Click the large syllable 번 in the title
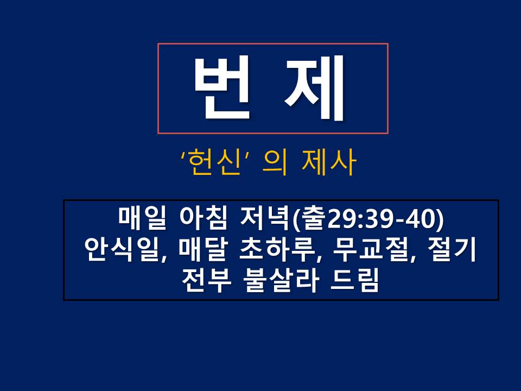(x=222, y=88)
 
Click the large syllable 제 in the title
(x=315, y=88)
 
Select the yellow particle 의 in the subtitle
(x=275, y=162)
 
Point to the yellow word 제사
(x=329, y=162)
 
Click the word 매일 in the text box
(x=142, y=218)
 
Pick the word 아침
(x=204, y=218)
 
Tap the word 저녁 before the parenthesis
(x=264, y=218)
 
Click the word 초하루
(x=276, y=249)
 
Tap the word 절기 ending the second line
(x=453, y=249)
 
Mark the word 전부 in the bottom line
(x=206, y=280)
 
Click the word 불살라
(x=280, y=280)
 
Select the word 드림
(x=354, y=280)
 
